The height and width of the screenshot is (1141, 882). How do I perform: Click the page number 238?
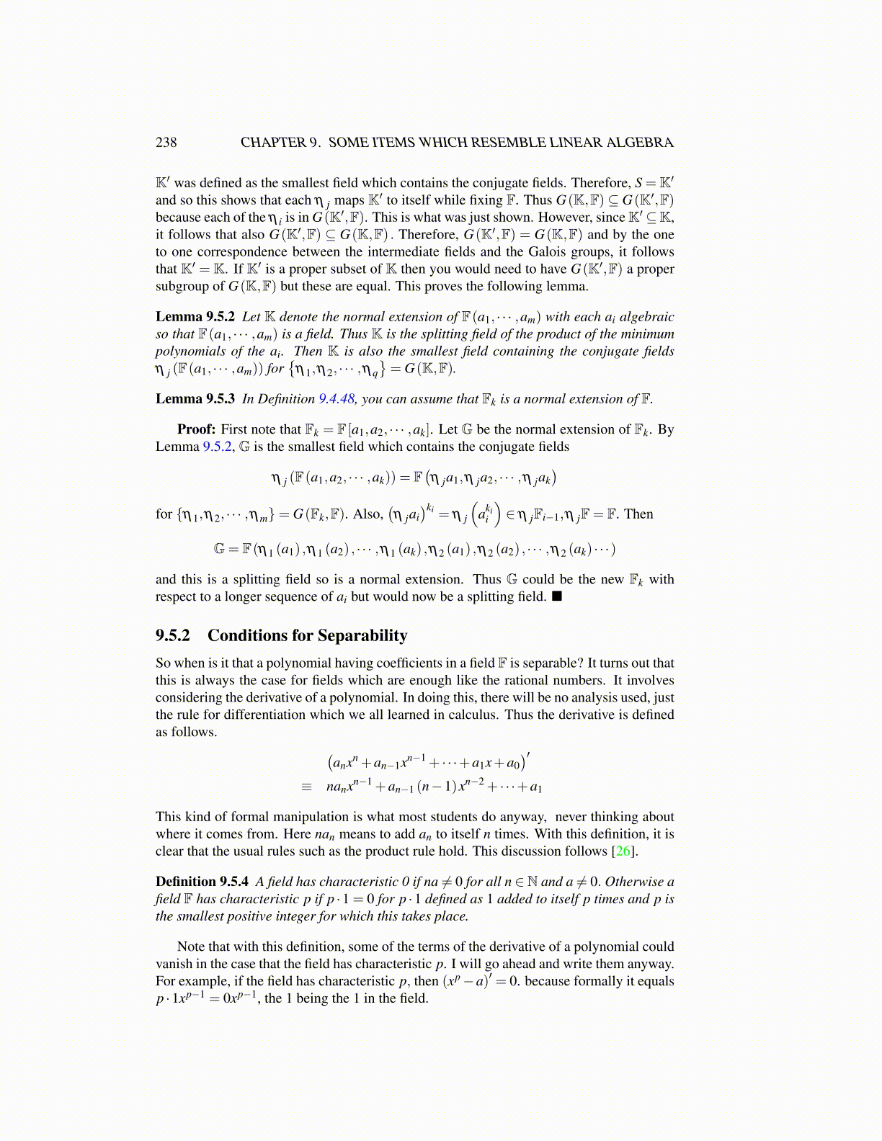click(x=166, y=142)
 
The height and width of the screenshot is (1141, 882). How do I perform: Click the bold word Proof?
click(x=196, y=429)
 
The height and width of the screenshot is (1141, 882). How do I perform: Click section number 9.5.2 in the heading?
click(x=173, y=635)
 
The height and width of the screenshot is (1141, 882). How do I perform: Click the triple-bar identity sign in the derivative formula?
click(x=307, y=787)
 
